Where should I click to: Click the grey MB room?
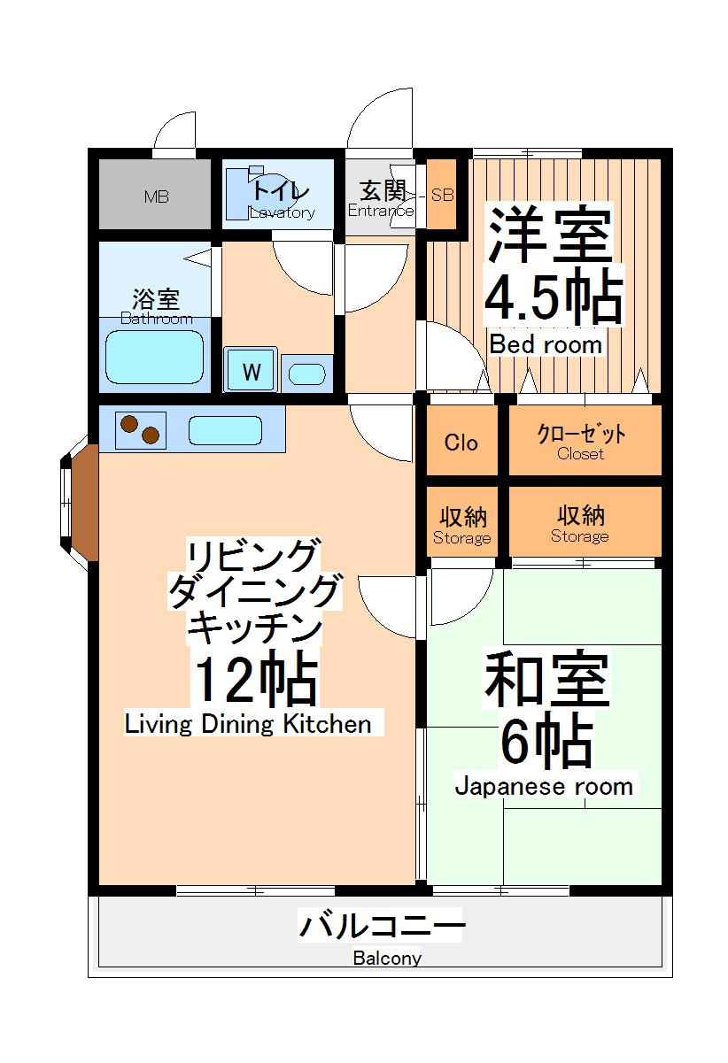coord(154,196)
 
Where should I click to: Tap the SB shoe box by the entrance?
coord(442,196)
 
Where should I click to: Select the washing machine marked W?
coord(252,372)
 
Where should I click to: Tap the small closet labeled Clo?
coord(461,443)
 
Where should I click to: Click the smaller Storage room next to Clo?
coord(461,525)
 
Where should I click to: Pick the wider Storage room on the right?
coord(580,524)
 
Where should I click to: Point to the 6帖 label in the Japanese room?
coord(546,742)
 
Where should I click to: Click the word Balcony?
coord(387,958)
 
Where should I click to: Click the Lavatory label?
coord(282,212)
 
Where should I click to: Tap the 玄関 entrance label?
coord(382,190)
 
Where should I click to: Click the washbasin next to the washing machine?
coord(307,374)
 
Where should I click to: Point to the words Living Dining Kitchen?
coord(248,724)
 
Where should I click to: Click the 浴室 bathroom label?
coord(156,297)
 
